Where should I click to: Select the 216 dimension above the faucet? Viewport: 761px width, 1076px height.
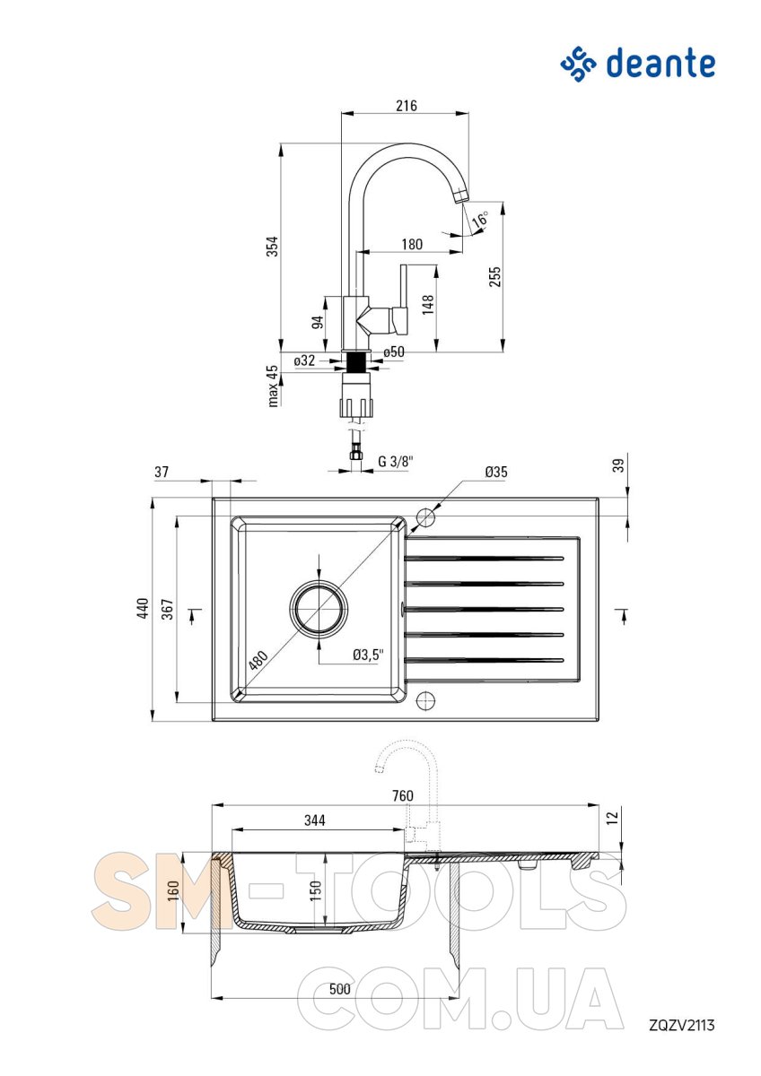[407, 105]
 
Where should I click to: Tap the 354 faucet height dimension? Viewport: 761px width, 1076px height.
[272, 246]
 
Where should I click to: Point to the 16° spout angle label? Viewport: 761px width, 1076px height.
[480, 219]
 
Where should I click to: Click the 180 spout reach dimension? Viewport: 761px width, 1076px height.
[412, 244]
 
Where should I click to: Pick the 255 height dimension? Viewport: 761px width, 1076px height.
[494, 277]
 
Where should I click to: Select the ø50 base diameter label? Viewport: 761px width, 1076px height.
[394, 352]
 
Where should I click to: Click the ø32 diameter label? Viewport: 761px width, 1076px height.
[304, 360]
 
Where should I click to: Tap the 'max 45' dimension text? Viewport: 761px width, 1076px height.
[273, 386]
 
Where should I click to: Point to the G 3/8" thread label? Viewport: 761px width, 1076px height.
[396, 461]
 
